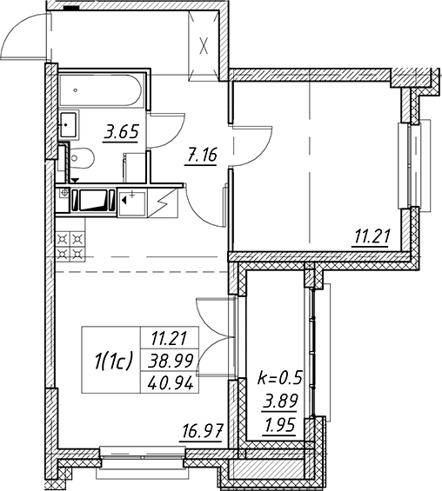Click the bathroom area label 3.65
click(121, 133)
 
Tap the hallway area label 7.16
click(201, 156)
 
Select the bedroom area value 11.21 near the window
click(372, 236)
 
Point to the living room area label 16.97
click(202, 432)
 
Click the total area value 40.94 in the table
click(171, 383)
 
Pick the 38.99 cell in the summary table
click(171, 361)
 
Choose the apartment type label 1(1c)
click(111, 360)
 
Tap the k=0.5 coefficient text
click(279, 378)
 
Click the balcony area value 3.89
click(280, 401)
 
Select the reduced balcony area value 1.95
click(280, 425)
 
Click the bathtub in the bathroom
click(100, 90)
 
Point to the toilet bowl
click(82, 158)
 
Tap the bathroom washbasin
click(69, 124)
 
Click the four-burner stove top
click(70, 246)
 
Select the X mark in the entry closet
click(204, 46)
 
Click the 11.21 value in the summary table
click(170, 339)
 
